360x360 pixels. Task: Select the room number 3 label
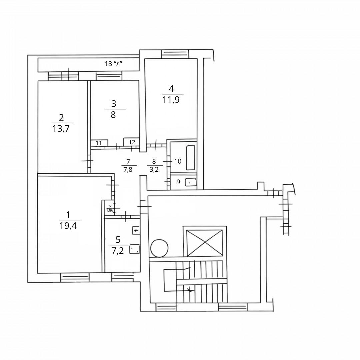[x=114, y=103]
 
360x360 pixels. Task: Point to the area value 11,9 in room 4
[x=171, y=100]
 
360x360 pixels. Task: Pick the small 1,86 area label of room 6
[x=109, y=210]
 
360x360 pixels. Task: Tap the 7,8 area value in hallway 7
[x=128, y=169]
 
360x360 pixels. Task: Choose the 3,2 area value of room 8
[x=154, y=169]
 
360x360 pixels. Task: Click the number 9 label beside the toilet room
[x=178, y=182]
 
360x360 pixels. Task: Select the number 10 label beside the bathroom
[x=178, y=161]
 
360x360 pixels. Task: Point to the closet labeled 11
[x=99, y=143]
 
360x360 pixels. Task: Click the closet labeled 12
[x=132, y=142]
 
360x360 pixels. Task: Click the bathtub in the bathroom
[x=191, y=158]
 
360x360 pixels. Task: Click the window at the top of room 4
[x=175, y=54]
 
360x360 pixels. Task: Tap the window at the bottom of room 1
[x=75, y=277]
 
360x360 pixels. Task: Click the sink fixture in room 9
[x=190, y=182]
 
